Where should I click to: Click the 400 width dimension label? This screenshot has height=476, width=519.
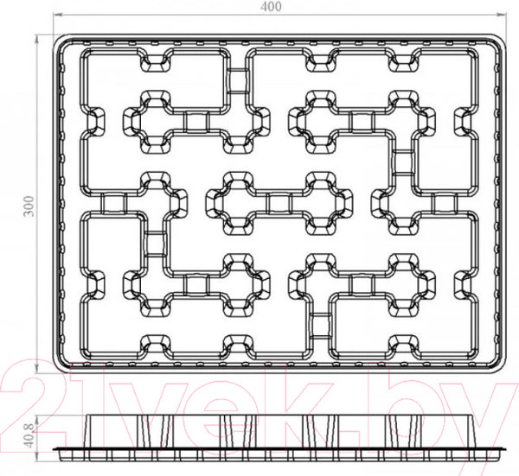point(271,7)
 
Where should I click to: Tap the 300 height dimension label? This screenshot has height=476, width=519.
point(29,206)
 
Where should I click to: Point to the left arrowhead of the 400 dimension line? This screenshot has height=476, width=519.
point(58,15)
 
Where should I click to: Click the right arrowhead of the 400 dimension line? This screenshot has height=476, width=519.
point(502,15)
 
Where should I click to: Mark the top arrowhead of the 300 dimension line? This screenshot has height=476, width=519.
point(36,38)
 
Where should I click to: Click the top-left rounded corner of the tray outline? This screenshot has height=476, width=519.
point(60,41)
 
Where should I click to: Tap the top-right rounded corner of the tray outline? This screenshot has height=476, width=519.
point(500,41)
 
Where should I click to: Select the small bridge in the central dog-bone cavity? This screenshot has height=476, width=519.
point(279,203)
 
